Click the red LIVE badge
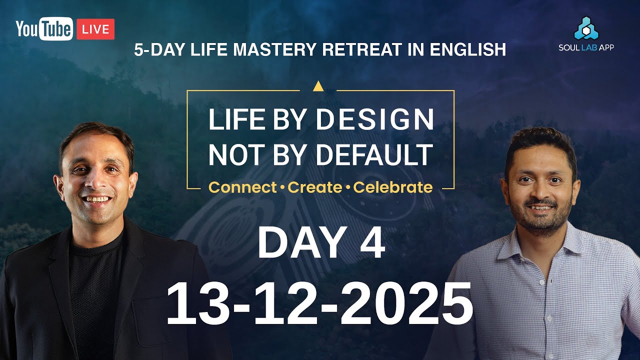point(95,29)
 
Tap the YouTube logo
point(44,29)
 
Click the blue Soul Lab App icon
point(585,28)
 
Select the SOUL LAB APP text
point(586,47)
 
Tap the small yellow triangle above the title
point(317,86)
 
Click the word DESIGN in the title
point(375,120)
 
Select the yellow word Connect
point(242,187)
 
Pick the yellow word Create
point(314,187)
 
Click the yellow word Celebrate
point(392,187)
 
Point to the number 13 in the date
point(193,302)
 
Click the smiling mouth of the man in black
point(98,199)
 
